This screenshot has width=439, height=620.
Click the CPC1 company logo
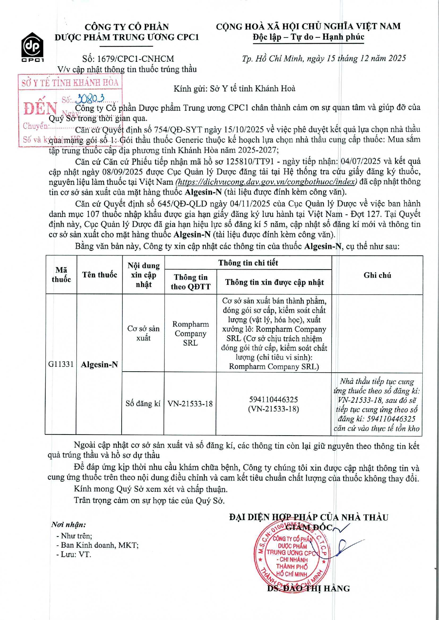tap(33, 47)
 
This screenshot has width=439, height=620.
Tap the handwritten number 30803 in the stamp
tap(91, 99)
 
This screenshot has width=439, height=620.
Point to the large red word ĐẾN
tap(40, 108)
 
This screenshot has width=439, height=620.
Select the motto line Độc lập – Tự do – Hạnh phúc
tap(308, 37)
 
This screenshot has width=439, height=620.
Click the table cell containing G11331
tap(61, 364)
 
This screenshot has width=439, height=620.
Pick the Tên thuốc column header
tap(99, 275)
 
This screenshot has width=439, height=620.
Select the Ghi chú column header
tap(377, 275)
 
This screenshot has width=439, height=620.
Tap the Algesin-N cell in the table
tap(99, 365)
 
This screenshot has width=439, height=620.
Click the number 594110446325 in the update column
tap(274, 400)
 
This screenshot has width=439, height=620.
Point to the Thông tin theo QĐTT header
tap(191, 282)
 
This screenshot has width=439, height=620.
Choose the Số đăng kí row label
tap(143, 403)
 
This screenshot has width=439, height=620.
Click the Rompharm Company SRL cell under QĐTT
tap(191, 333)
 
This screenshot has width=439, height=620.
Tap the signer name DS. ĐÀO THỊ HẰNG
tap(308, 589)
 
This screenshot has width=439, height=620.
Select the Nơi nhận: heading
tap(69, 525)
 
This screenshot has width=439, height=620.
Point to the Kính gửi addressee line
tap(234, 88)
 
